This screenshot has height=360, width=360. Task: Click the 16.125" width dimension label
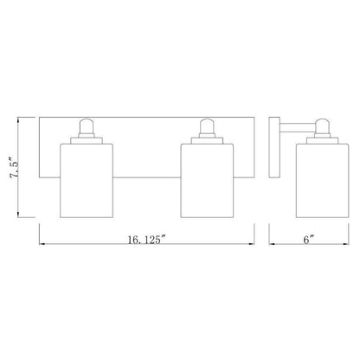click(x=147, y=240)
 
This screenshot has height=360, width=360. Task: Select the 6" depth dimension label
click(x=308, y=240)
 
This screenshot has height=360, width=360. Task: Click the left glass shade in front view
click(x=87, y=180)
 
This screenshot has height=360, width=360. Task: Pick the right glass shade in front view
click(x=207, y=180)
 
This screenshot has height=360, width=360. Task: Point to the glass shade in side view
click(x=322, y=180)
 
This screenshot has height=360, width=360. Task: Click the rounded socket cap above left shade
click(x=87, y=126)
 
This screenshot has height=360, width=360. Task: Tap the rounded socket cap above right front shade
click(x=207, y=126)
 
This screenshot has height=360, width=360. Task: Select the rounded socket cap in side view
click(x=322, y=126)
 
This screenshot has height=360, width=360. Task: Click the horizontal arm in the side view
click(x=298, y=128)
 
